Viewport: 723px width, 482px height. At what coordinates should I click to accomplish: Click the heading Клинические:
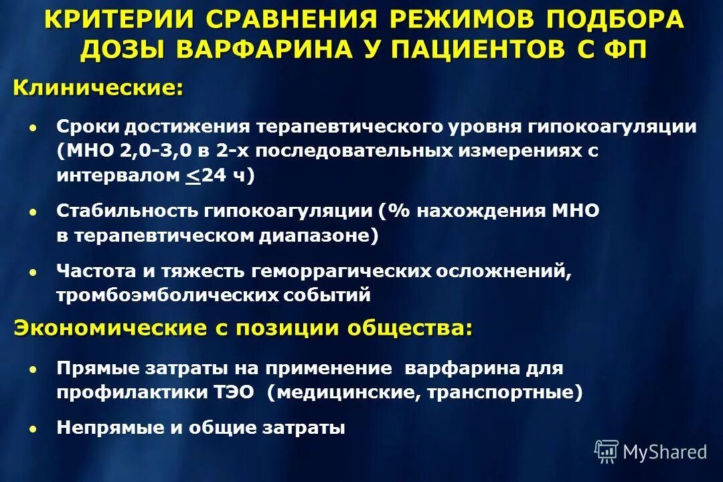[98, 88]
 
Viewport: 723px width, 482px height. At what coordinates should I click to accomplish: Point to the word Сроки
[85, 127]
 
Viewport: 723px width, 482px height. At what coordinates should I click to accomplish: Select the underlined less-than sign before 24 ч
[193, 176]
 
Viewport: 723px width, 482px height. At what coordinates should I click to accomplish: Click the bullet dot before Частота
[33, 271]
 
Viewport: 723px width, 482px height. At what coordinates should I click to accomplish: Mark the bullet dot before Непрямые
[33, 428]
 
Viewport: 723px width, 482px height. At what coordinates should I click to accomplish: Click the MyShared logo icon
[606, 451]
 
